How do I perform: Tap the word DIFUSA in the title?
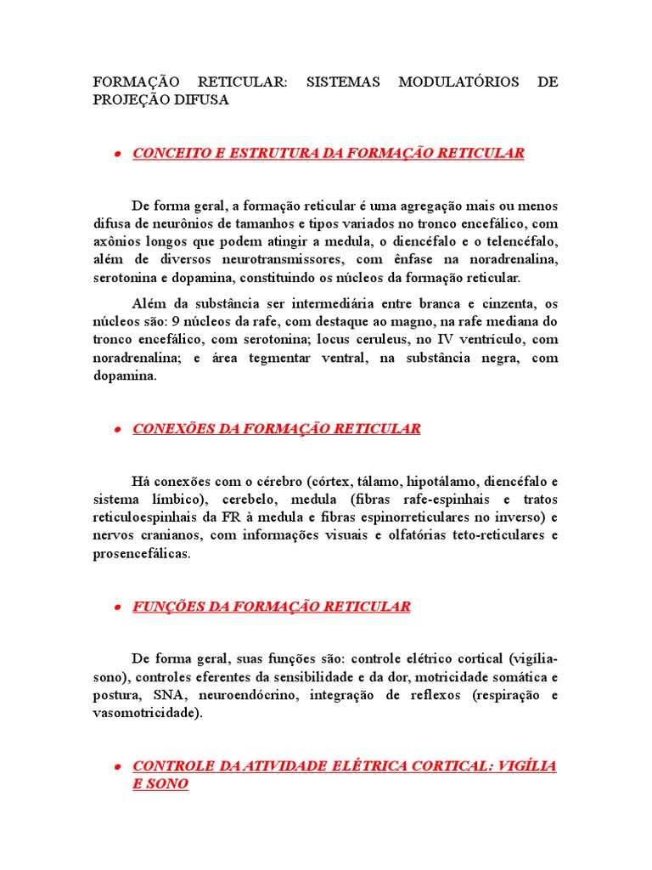point(200,99)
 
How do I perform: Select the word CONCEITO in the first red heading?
point(168,153)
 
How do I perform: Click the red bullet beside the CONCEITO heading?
point(116,155)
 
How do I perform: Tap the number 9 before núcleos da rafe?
point(175,322)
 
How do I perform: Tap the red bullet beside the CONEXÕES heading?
point(116,431)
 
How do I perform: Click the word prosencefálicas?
point(142,553)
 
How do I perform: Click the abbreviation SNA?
point(168,695)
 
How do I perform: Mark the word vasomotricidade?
point(147,713)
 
